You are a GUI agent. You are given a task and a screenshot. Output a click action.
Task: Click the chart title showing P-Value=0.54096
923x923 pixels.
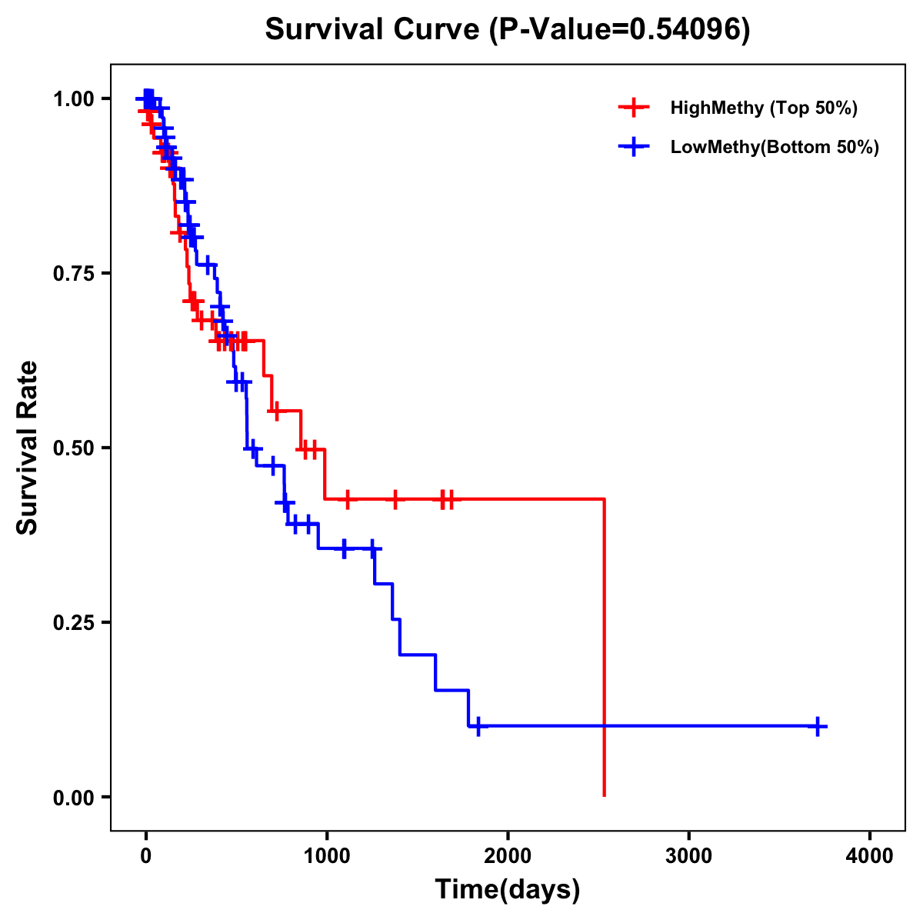pyautogui.click(x=508, y=30)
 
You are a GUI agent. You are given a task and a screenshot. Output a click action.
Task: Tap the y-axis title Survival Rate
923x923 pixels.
pyautogui.click(x=28, y=447)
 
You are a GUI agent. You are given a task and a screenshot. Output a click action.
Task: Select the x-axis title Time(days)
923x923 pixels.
pyautogui.click(x=508, y=889)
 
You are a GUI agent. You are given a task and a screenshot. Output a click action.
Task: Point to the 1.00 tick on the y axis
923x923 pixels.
pyautogui.click(x=73, y=98)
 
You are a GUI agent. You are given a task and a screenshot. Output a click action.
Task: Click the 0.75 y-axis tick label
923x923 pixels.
pyautogui.click(x=73, y=273)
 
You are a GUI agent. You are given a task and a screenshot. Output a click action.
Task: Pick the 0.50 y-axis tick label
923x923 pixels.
pyautogui.click(x=73, y=448)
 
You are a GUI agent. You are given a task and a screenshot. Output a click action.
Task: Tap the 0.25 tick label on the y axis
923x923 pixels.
pyautogui.click(x=73, y=622)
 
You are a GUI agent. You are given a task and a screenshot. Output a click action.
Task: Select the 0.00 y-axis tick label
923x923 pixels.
pyautogui.click(x=73, y=797)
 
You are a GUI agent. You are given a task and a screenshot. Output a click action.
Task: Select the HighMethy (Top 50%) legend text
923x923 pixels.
pyautogui.click(x=764, y=108)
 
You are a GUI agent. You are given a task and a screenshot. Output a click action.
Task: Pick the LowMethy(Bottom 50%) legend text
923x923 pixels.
pyautogui.click(x=775, y=147)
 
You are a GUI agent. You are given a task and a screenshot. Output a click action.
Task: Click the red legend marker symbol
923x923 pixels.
pyautogui.click(x=633, y=108)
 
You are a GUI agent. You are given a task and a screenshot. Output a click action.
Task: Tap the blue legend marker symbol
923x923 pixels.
pyautogui.click(x=633, y=147)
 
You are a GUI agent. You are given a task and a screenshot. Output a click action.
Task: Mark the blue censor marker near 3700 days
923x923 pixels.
pyautogui.click(x=818, y=725)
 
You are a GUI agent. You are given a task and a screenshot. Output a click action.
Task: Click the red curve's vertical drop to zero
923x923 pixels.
pyautogui.click(x=605, y=646)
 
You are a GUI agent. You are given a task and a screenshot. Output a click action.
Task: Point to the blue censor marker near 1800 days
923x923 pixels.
pyautogui.click(x=478, y=725)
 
